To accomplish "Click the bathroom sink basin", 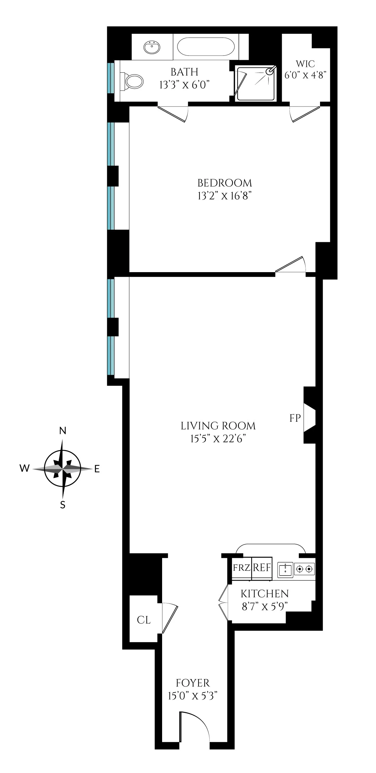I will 152,48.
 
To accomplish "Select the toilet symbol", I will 133,81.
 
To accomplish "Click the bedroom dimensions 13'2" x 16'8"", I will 224,196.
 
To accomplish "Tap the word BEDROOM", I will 225,183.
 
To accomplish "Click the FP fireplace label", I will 295,418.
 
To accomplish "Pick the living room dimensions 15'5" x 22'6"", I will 218,439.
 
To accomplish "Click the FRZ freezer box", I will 242,568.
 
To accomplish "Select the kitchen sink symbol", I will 285,569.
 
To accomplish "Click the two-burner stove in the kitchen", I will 304,569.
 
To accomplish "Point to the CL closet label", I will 143,620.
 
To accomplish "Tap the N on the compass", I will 63,431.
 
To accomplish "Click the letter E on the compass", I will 97,469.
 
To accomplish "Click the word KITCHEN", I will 265,594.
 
